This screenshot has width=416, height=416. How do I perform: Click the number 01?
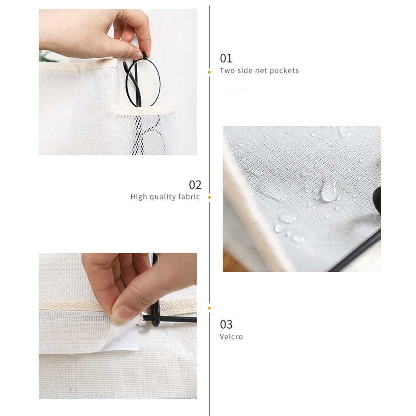coord(226,58)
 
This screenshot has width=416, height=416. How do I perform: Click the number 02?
coord(195,185)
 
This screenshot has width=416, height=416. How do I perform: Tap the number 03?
coord(226,324)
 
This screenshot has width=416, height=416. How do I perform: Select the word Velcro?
coord(231,337)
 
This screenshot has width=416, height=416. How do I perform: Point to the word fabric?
coord(189,197)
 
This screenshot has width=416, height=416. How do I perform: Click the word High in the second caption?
coord(139,197)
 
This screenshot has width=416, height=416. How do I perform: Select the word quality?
coord(162,197)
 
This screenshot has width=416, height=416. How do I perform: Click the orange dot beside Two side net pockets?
coord(209,72)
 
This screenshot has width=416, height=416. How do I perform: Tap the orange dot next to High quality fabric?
coord(209,197)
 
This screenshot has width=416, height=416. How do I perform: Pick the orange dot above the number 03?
coord(209,308)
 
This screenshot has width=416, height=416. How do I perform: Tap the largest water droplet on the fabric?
coord(328,191)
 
